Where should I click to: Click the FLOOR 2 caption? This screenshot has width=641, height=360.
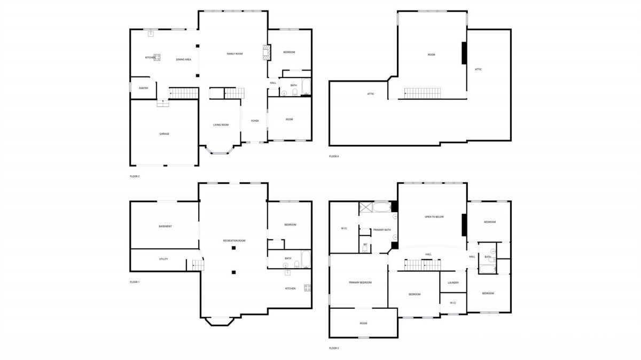coord(135,176)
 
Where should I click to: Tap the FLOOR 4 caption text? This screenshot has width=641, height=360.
coord(334,156)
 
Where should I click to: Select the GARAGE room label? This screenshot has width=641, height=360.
coord(165,134)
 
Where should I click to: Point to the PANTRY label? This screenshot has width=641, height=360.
coord(143,88)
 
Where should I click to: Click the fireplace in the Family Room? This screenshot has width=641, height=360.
coord(267,52)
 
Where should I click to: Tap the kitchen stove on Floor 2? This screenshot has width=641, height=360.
coord(157,57)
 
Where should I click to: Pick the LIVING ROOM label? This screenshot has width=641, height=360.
coord(221,125)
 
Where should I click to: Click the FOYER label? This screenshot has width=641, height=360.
coord(255,121)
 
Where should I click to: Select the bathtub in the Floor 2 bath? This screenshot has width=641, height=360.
coord(306,87)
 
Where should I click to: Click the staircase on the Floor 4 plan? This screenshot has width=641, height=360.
coord(423,93)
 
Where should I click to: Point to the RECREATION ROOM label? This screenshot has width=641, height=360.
coord(234,241)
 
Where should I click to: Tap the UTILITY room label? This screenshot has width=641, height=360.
coord(163,259)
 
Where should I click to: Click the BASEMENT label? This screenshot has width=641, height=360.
coord(165,226)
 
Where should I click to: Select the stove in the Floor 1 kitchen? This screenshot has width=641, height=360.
coord(307,288)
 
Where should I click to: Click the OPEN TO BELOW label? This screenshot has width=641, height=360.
coord(434,217)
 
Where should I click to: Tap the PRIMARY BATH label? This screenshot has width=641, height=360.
coord(382,230)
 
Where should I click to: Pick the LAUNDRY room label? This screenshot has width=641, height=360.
coord(453,283)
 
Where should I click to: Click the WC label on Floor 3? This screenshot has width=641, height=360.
coord(365,245)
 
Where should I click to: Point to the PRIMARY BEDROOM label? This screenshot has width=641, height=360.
coord(360,283)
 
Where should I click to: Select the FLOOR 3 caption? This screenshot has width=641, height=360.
coord(334,348)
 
